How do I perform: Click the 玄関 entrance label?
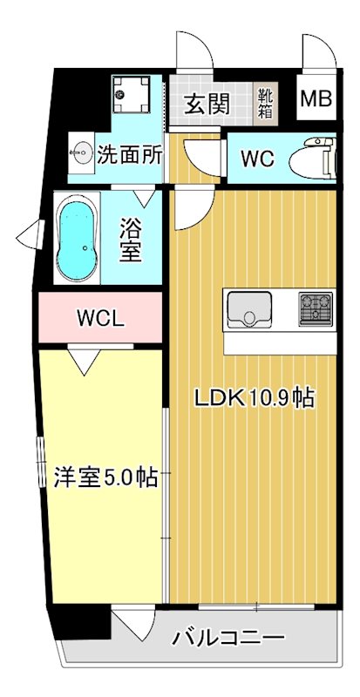pos(207,104)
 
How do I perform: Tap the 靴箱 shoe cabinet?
pos(266,104)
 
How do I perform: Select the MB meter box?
pos(316,99)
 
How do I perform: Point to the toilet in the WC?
pos(313,158)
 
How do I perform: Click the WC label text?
pos(257,159)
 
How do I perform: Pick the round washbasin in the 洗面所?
pos(81,153)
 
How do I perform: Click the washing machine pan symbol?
pos(131,94)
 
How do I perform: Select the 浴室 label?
pos(131,240)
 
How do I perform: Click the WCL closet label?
pos(99,318)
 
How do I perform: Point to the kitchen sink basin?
pos(248,308)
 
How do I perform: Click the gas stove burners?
pos(316,308)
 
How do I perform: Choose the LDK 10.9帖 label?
pos(254,397)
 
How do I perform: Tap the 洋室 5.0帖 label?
pos(106,477)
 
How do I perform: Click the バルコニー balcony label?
pos(228,639)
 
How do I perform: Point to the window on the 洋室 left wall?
pos(41,463)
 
